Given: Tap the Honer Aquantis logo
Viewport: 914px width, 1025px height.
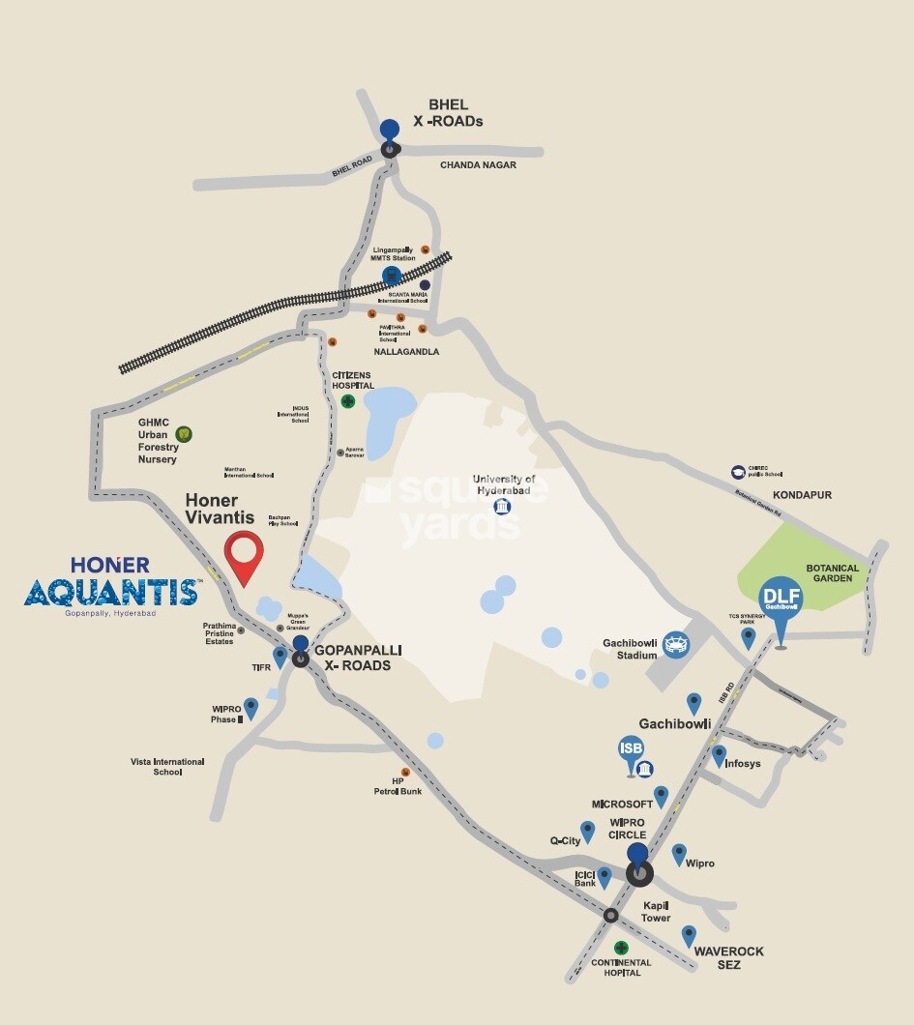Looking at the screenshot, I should click(x=112, y=584).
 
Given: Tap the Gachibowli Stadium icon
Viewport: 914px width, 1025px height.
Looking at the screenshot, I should click(x=678, y=641).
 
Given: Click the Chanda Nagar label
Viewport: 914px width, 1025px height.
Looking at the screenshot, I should click(x=478, y=165).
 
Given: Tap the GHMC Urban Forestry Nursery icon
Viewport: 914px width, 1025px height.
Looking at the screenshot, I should click(x=183, y=433).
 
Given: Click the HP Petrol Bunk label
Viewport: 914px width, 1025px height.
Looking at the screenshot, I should click(x=398, y=785).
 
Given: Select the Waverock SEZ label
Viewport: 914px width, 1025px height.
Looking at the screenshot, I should click(x=728, y=957).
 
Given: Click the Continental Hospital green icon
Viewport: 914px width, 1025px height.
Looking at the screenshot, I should click(x=621, y=948).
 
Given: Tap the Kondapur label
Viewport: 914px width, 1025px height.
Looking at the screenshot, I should click(x=804, y=495).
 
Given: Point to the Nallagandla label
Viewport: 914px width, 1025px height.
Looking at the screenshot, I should click(x=407, y=352).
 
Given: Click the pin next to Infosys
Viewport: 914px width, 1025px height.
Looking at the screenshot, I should click(x=719, y=755).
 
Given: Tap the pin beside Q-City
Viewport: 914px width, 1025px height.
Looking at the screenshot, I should click(x=587, y=831).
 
